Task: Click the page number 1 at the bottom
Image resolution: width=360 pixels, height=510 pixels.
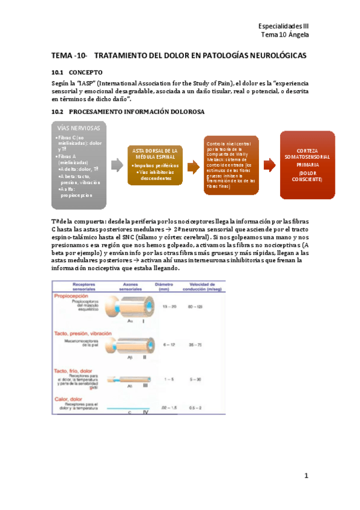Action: pos(305,476)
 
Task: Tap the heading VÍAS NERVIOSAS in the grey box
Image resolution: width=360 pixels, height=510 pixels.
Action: pos(79,128)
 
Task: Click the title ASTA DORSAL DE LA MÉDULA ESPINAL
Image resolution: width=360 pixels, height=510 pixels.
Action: pos(155,153)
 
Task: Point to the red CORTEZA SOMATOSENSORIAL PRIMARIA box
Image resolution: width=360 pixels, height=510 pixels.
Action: pos(307,165)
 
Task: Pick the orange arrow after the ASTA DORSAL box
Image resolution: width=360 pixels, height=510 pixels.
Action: pos(193,166)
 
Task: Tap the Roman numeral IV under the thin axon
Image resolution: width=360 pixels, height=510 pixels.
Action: pos(145,413)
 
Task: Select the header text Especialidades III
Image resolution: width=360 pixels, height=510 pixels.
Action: pos(283,26)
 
